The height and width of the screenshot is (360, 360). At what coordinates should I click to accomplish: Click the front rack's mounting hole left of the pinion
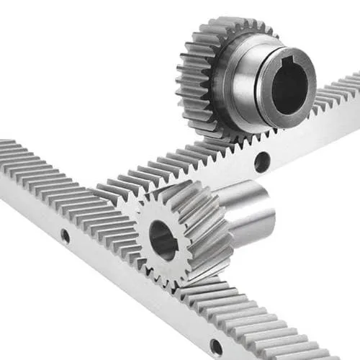[x=65, y=235]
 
